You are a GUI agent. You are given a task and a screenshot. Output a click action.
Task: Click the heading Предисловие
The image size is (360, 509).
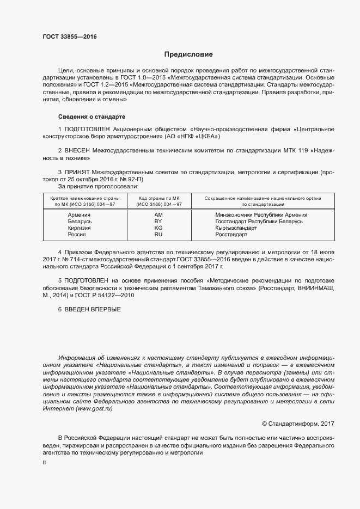click(x=188, y=54)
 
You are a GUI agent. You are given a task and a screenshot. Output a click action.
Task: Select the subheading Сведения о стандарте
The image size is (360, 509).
click(x=91, y=116)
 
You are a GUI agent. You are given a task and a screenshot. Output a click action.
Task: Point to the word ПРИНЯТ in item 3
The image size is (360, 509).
click(x=77, y=172)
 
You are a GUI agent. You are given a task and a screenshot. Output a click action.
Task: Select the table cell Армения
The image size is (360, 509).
click(x=79, y=215)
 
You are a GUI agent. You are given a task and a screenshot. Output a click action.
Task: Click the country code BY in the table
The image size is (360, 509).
click(x=158, y=222)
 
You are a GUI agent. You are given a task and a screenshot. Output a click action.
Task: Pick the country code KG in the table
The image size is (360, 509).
click(x=158, y=228)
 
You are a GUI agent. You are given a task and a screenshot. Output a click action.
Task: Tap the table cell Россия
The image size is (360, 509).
click(x=77, y=235)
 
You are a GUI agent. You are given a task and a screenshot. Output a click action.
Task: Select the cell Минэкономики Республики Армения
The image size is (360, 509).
click(x=261, y=215)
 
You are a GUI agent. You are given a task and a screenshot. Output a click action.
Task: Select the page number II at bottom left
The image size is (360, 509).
click(x=44, y=462)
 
